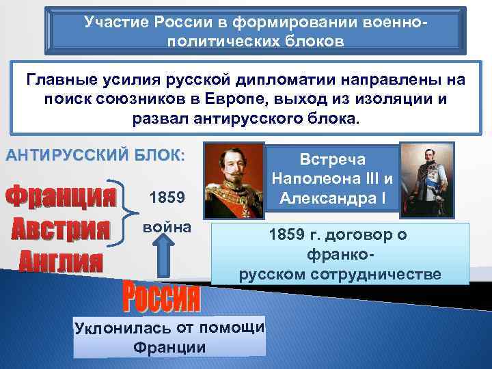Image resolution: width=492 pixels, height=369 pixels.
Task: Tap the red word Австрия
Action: (x=61, y=228)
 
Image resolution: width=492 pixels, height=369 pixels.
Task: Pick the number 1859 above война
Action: (x=165, y=198)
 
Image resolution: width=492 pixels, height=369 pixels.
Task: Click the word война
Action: (x=165, y=225)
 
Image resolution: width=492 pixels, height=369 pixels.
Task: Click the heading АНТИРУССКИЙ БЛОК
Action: (x=95, y=154)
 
